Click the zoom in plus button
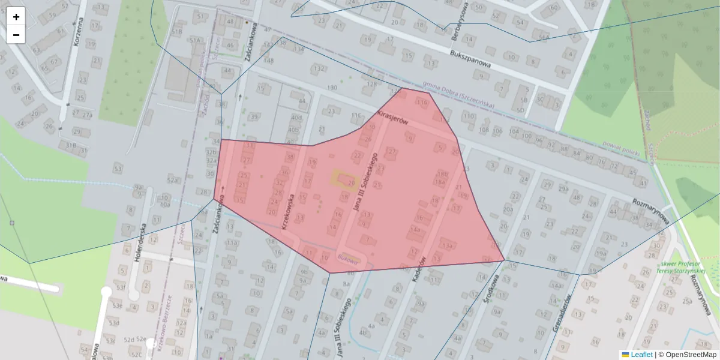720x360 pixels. [16, 16]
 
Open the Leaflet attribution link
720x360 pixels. [641, 355]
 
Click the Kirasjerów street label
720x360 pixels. [392, 117]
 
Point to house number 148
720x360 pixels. [269, 60]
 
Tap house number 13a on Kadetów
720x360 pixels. [446, 245]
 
